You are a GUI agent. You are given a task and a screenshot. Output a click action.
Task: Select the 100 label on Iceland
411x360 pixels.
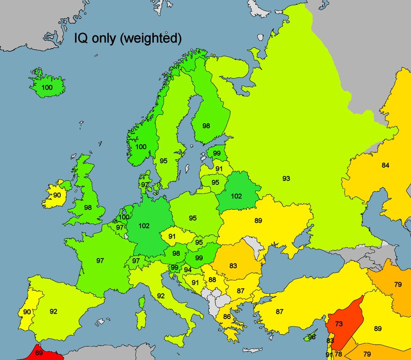point(47,87)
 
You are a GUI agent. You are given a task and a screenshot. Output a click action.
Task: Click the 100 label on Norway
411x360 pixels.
point(141,147)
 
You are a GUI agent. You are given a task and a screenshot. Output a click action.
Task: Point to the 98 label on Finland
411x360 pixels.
point(206,126)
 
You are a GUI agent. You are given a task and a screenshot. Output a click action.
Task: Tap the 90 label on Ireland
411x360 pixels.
point(57,195)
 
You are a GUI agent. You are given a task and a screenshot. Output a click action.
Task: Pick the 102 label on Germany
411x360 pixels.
point(144,226)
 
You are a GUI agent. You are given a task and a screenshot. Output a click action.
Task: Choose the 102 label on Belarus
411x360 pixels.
point(236,196)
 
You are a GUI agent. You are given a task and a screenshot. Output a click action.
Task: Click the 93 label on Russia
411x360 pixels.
point(286,179)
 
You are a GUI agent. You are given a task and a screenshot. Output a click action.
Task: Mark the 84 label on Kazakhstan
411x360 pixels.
point(385,165)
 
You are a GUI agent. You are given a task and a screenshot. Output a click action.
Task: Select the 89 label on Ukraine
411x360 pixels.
point(258,220)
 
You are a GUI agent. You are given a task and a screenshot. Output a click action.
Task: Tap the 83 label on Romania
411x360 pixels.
point(233,266)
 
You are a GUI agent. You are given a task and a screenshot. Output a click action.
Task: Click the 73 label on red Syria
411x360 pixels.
point(339,324)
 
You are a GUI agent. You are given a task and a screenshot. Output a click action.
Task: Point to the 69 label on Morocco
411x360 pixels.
point(39,353)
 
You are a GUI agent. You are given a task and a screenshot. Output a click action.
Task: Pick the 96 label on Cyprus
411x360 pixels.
point(312,337)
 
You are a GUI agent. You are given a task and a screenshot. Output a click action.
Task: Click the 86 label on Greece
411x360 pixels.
point(227,317)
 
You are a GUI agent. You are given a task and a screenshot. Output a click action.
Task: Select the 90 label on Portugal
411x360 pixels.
point(27,312)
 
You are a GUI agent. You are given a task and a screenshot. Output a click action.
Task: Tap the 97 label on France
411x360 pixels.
point(100,261)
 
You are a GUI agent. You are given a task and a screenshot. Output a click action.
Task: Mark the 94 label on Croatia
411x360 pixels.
point(188,270)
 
